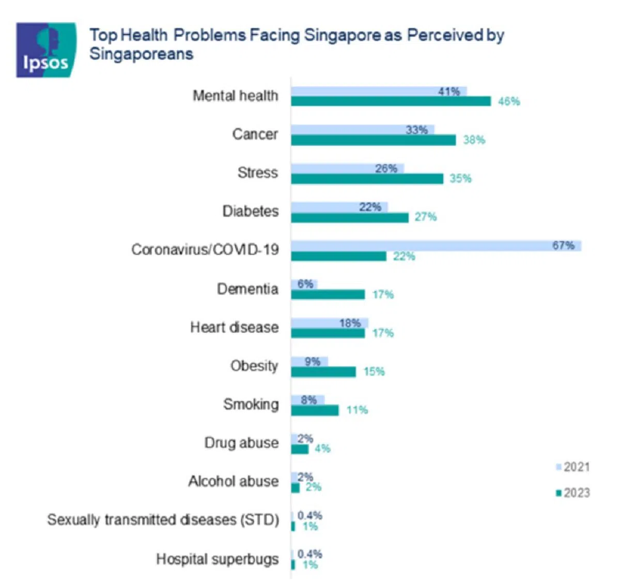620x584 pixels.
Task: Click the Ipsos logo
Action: [46, 50]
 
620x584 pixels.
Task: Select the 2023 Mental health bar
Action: [391, 101]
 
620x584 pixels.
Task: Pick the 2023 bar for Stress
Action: [367, 179]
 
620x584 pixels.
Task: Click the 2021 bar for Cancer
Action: [362, 130]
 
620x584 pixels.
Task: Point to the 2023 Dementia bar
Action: [328, 295]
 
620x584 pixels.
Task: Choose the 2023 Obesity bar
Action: [323, 372]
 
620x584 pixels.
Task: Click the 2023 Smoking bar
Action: [315, 410]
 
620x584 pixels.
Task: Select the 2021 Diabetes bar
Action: [339, 207]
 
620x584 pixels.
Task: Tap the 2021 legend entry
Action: [572, 467]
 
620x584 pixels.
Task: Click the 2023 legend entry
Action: [572, 493]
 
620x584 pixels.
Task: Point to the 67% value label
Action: [563, 245]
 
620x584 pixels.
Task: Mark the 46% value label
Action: [509, 101]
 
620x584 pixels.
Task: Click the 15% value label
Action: [374, 372]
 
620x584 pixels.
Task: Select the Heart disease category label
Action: [234, 327]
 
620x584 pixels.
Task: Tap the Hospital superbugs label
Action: [217, 559]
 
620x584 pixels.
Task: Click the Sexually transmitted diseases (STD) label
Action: [163, 520]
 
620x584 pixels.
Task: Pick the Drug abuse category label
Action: [241, 443]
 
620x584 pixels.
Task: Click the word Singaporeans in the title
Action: [141, 54]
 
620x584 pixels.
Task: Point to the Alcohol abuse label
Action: [233, 481]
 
